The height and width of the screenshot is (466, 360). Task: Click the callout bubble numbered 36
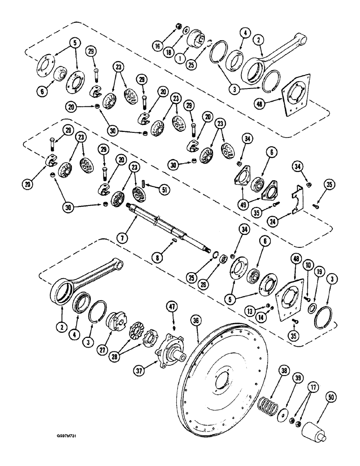coord(196,322)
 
